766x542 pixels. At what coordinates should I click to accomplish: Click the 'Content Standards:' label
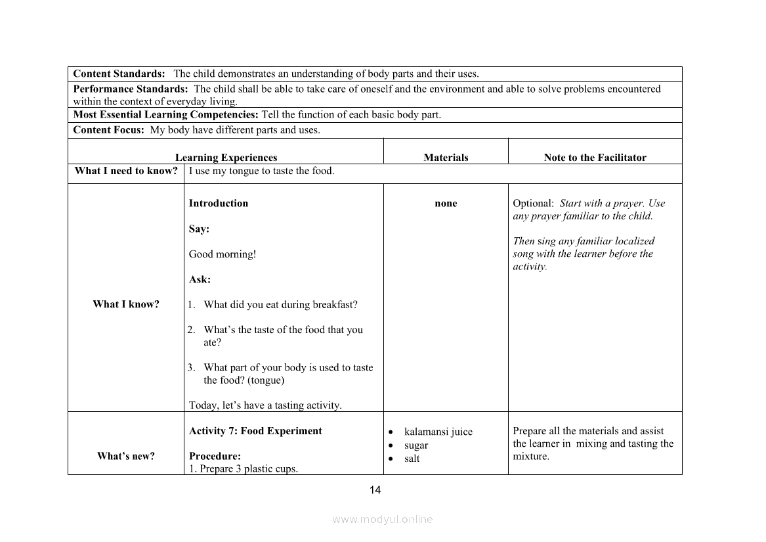(119, 74)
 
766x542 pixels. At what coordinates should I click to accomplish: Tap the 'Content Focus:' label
(108, 130)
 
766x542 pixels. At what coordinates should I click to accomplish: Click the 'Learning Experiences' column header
(226, 158)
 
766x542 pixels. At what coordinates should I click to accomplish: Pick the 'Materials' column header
(446, 158)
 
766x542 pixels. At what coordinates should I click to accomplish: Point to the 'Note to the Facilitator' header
(595, 158)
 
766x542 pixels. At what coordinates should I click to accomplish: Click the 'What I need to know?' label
(126, 171)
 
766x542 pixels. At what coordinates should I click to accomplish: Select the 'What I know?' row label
(126, 304)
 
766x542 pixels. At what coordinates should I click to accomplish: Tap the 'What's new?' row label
(126, 456)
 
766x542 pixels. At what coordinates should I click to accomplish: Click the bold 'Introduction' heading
(219, 204)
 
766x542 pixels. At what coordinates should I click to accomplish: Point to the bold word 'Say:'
(200, 229)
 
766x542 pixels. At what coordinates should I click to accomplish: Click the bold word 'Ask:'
(200, 279)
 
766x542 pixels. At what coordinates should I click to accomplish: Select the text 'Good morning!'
(223, 254)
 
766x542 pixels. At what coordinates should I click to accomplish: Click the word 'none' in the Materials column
(446, 204)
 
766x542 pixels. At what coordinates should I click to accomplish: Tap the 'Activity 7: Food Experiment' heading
(255, 431)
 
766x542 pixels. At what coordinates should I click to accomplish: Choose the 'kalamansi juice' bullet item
(438, 432)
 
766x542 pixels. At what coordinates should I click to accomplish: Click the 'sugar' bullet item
(416, 445)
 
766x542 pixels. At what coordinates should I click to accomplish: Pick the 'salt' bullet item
(412, 459)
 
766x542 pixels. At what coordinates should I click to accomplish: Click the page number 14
(375, 490)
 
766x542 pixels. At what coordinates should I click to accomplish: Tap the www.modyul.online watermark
(383, 520)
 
